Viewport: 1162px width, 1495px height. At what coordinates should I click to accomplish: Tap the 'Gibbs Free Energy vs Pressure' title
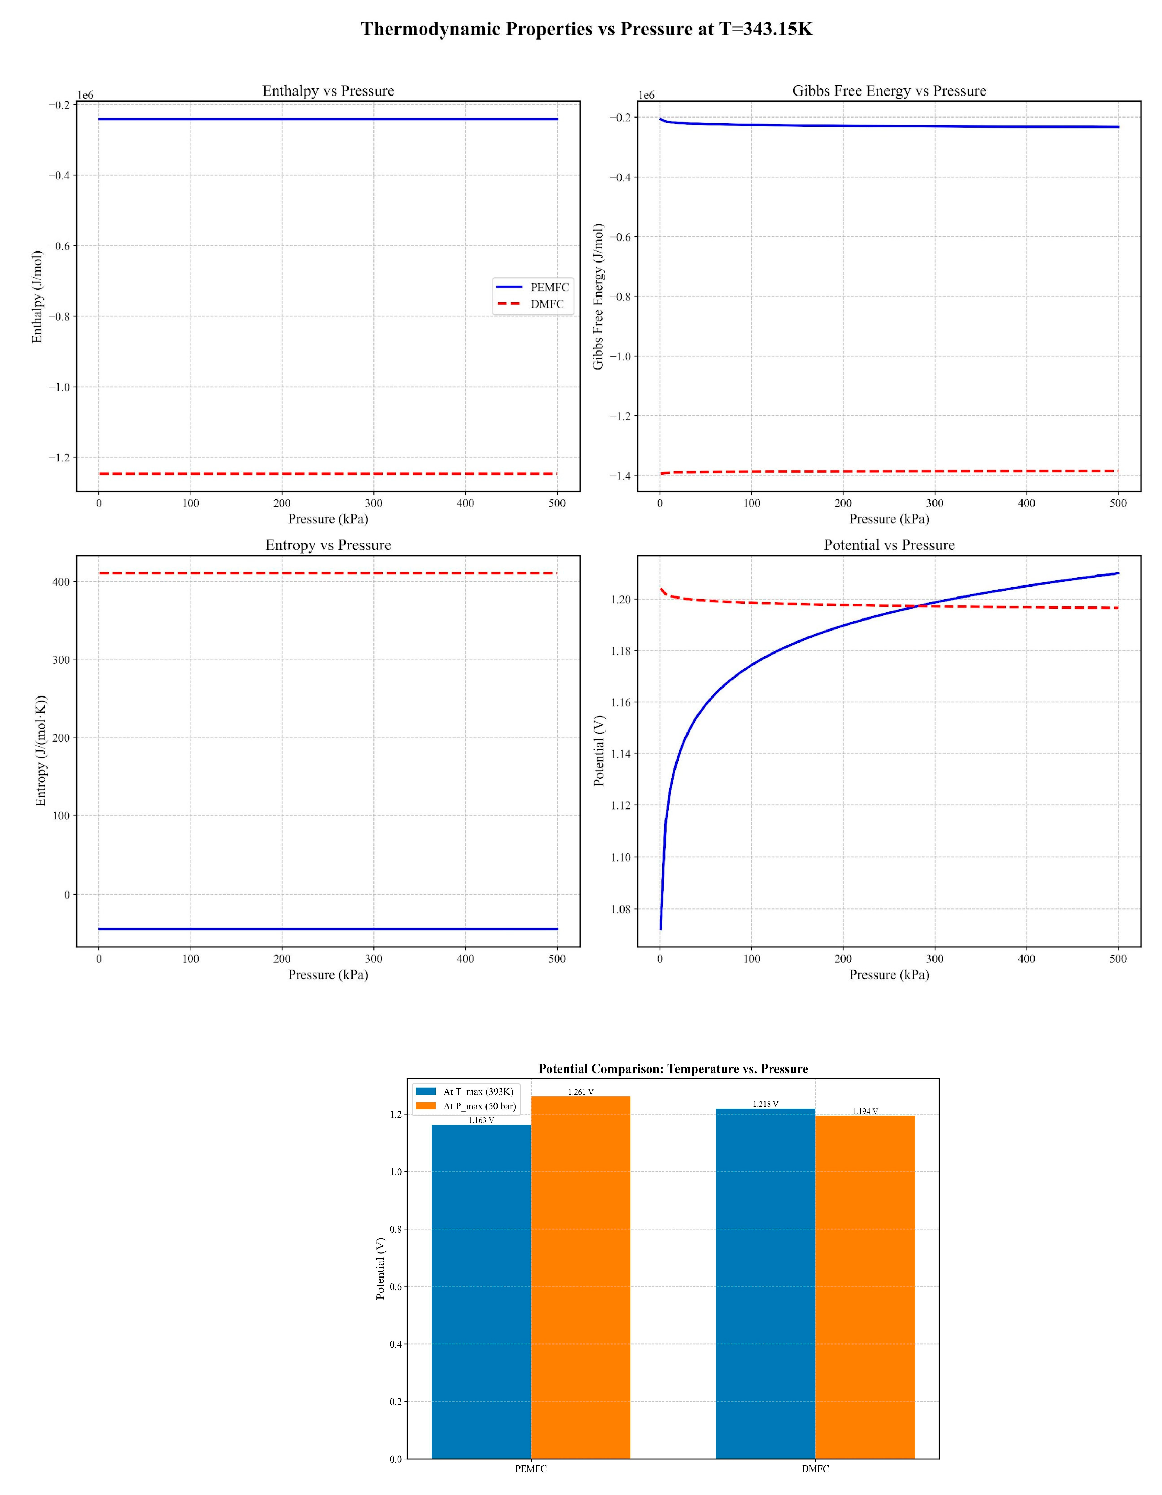(889, 91)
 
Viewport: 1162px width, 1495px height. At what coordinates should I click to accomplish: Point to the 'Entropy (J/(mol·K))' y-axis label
(41, 751)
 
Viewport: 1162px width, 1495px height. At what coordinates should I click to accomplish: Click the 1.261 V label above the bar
(580, 1092)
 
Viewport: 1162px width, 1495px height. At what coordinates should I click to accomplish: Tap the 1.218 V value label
(765, 1104)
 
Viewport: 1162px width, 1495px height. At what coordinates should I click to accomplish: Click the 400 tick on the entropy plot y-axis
(62, 582)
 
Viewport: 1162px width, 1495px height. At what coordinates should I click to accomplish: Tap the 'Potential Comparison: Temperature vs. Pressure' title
(673, 1069)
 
